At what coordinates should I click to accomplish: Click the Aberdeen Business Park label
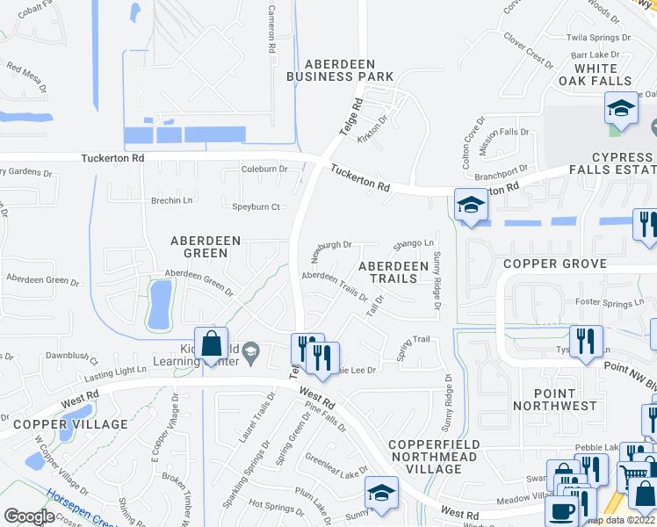(x=340, y=70)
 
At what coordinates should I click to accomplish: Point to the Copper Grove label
(x=554, y=263)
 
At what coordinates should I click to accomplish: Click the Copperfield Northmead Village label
(x=433, y=457)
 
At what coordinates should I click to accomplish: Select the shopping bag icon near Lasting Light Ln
(x=212, y=344)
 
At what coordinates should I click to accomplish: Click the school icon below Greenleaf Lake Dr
(x=381, y=493)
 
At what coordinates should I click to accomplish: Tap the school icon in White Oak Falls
(x=621, y=108)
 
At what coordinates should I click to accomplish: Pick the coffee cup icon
(x=562, y=512)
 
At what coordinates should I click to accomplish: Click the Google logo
(x=29, y=516)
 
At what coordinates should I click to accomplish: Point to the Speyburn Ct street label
(x=256, y=207)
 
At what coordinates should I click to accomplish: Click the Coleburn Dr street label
(x=264, y=170)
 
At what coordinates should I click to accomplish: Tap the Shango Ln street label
(x=414, y=243)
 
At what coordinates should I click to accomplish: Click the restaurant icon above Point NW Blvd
(x=586, y=341)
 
